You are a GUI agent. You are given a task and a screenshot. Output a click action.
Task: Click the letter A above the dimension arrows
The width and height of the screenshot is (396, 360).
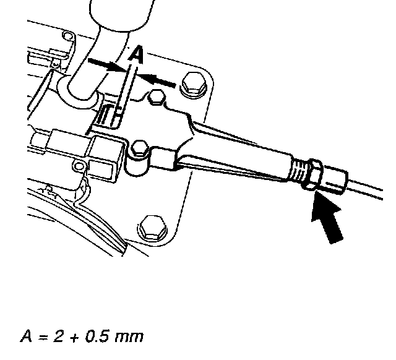point(138,56)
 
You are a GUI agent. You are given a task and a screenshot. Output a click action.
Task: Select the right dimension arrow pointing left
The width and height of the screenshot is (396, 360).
point(157,79)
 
